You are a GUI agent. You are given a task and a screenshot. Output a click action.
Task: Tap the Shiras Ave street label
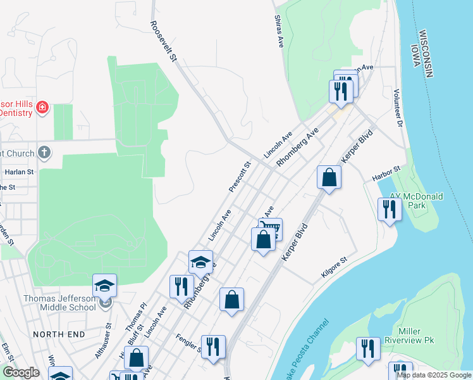(x=279, y=32)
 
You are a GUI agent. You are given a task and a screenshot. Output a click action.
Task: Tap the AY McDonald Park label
(x=417, y=201)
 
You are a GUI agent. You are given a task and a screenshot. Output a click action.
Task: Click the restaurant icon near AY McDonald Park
(x=390, y=210)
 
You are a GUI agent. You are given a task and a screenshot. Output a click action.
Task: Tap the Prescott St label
(x=240, y=176)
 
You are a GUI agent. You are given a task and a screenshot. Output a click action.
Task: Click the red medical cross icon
(x=42, y=108)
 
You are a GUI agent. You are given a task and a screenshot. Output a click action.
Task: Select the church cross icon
(x=44, y=152)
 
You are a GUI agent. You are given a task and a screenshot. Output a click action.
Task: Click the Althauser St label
(x=103, y=341)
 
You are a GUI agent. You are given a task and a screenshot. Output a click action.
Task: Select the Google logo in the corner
(x=21, y=372)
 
